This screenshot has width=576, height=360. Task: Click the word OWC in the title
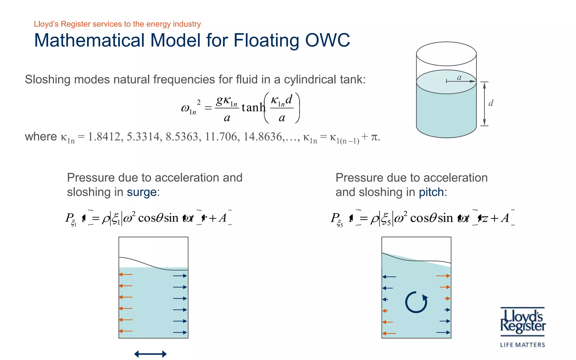(x=327, y=40)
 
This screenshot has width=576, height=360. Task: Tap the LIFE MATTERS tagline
(x=522, y=345)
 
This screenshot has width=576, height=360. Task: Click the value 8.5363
(x=182, y=137)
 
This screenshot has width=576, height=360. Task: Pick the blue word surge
(x=142, y=192)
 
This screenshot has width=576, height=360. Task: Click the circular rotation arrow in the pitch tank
(x=416, y=302)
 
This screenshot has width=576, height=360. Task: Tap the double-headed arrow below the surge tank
(x=150, y=354)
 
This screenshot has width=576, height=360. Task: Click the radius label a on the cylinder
(x=459, y=77)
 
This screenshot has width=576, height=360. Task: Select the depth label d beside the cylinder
(x=491, y=103)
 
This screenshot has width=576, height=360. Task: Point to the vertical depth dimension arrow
(x=484, y=104)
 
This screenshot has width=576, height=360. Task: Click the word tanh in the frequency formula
(x=253, y=107)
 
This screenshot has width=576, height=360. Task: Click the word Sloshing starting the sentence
(x=48, y=80)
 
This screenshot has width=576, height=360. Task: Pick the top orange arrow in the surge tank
(x=126, y=274)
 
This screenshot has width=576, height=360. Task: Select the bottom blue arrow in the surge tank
(x=180, y=332)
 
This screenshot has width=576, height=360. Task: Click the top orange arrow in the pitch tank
(x=443, y=276)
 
